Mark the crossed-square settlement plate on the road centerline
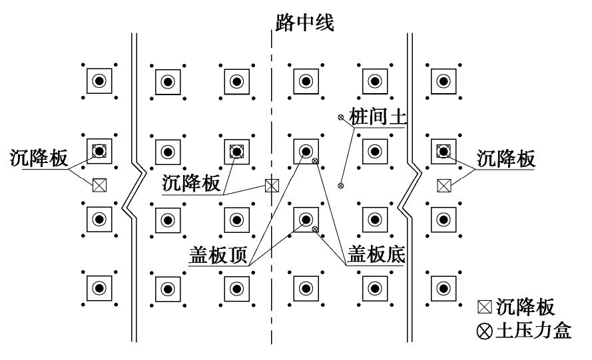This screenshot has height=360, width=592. coord(271,186)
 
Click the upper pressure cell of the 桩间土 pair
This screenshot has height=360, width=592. coord(341,118)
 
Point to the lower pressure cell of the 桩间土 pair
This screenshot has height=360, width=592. coord(341,186)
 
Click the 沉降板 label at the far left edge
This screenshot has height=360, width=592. coord(39,159)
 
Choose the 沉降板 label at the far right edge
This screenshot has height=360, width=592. coord(506,160)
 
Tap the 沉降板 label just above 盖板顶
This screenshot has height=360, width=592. coord(191,184)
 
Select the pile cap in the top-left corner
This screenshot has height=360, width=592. coord(99,81)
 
